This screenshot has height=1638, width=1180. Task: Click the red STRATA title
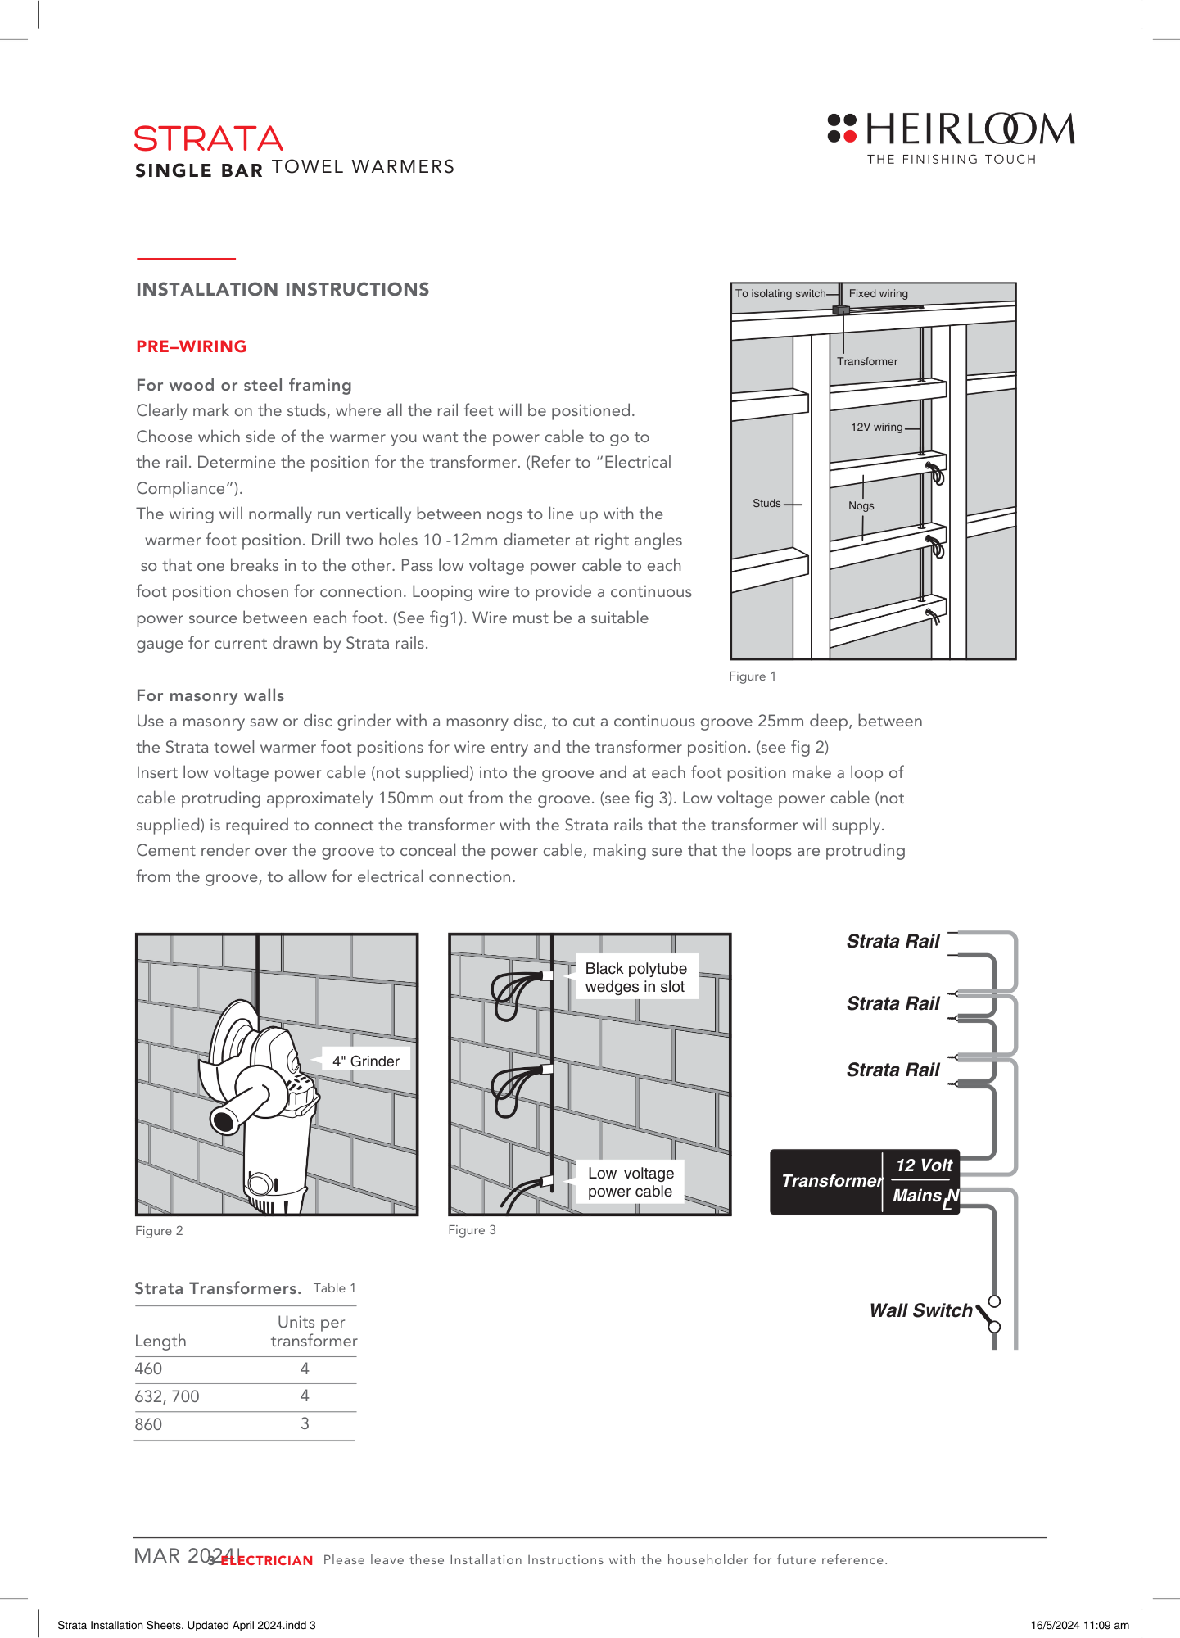pos(209,139)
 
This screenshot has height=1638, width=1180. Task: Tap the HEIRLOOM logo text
pos(970,130)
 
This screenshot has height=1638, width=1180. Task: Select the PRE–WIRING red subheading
pos(192,346)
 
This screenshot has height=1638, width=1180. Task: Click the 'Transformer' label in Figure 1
pos(867,361)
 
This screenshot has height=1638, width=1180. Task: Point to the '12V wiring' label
pos(876,427)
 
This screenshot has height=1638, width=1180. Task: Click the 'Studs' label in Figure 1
pos(766,503)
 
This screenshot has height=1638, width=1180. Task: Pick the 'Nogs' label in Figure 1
pos(861,505)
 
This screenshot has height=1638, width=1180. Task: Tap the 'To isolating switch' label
pos(780,293)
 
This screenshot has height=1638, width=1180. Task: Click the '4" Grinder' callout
pos(365,1061)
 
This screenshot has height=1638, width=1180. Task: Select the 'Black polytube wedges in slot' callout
pos(636,977)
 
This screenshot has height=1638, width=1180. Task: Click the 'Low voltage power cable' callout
pos(631,1182)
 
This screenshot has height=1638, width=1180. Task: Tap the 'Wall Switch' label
pos(920,1310)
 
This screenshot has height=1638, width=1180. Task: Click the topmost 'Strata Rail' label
pos(893,941)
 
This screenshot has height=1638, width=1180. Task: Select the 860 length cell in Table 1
pos(148,1424)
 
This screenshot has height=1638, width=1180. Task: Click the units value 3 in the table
pos(305,1423)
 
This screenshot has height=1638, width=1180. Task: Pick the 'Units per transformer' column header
pos(314,1331)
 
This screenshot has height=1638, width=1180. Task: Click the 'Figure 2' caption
pos(159,1230)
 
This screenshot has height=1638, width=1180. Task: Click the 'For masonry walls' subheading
pos(210,695)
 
